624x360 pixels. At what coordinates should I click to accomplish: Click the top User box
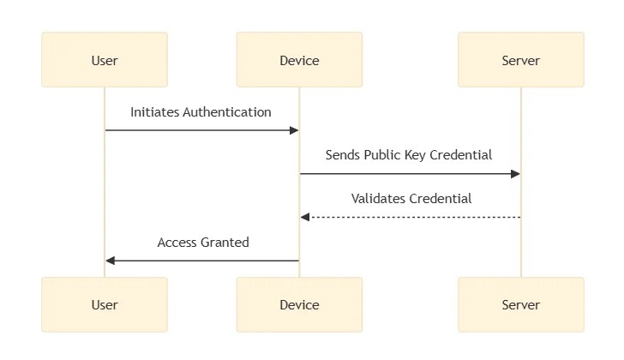105,60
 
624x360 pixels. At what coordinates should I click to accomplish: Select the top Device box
299,60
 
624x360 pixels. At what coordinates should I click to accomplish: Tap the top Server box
521,60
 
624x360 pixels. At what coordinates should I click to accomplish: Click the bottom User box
105,304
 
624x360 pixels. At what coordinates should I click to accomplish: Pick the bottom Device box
299,304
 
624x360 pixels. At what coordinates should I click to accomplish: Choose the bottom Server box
521,304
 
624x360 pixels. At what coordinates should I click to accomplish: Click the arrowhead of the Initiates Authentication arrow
294,130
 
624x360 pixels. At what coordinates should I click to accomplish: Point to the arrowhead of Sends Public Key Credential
515,174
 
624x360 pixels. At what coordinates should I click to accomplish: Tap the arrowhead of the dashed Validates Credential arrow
305,217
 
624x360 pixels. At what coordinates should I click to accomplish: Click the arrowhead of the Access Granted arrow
111,261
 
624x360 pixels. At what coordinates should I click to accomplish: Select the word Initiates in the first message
155,112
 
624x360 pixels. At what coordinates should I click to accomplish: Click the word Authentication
227,112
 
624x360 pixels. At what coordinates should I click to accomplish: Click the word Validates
379,199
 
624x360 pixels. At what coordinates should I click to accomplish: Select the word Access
177,243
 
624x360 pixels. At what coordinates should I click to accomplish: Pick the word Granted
225,243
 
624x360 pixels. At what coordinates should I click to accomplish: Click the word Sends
343,155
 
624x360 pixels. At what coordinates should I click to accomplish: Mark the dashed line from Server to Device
411,217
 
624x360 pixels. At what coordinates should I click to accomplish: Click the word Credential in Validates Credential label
441,199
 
